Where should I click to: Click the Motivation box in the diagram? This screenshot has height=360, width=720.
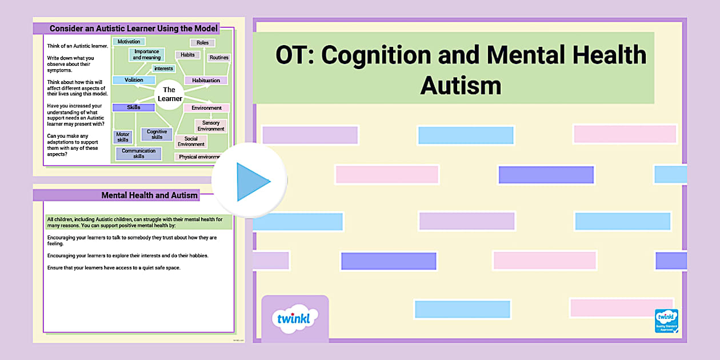pos(129,42)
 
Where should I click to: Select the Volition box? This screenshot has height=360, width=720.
pos(134,80)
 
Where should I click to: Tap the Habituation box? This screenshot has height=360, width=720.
pos(206,81)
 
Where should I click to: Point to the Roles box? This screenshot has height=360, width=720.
pos(202,43)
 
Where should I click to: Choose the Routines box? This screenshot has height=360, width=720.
pos(219,58)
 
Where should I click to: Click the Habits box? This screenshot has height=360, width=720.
pos(187,55)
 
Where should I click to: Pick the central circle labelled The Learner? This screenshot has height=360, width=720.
pos(170,94)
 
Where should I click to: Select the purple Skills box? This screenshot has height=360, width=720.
pos(134,107)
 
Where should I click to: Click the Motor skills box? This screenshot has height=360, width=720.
pos(123,137)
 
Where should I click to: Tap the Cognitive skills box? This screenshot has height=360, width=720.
pos(157,134)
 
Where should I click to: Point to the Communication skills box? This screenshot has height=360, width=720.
pos(138,154)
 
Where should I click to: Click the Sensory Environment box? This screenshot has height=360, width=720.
pos(211,126)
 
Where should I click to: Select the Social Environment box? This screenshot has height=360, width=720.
pos(191,141)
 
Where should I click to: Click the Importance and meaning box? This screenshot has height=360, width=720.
pos(146,55)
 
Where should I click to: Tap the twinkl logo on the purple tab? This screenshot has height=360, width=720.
pos(294,318)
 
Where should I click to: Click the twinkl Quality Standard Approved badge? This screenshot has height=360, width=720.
pos(666,321)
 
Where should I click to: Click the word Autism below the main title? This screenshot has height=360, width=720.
pos(461,86)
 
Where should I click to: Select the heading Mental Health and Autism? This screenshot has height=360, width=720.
pos(149,195)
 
